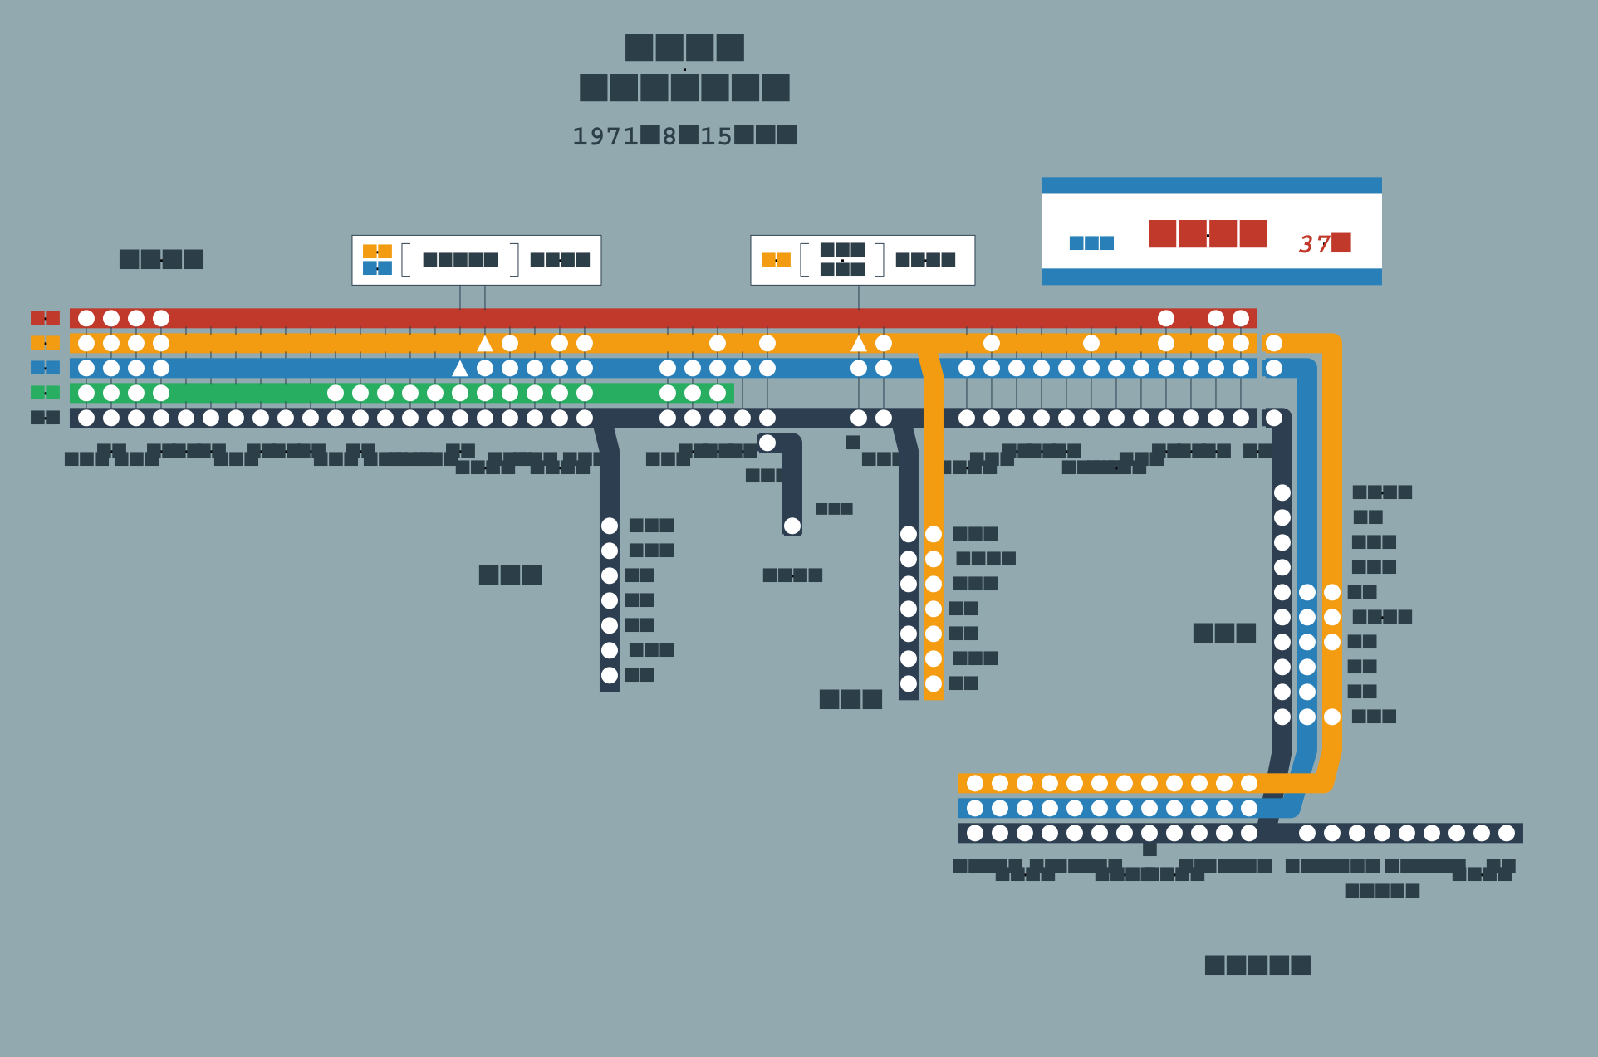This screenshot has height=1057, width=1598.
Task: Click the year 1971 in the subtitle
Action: coord(605,136)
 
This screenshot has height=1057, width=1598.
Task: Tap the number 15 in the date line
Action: coord(716,136)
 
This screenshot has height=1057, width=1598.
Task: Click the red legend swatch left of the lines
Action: coord(45,318)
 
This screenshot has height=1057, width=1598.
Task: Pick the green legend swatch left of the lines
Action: coord(45,393)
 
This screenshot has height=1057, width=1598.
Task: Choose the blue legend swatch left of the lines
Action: coord(45,368)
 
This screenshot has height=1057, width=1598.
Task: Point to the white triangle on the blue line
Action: coord(460,368)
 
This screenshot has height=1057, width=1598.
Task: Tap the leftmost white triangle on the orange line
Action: coord(485,343)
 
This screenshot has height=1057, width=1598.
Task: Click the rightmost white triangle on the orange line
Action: coord(859,343)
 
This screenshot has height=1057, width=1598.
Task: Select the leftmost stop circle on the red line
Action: coord(86,318)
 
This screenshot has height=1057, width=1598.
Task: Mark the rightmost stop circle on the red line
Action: coord(1241,318)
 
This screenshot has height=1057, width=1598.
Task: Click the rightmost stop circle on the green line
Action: coord(718,393)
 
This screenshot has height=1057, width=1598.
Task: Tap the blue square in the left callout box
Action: coord(377,268)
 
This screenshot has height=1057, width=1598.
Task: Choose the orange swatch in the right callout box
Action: coord(776,260)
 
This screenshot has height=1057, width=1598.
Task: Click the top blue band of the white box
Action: coord(1211,185)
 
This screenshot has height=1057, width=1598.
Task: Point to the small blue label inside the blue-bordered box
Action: coord(1091,243)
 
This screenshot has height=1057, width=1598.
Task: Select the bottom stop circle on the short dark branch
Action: coord(792,526)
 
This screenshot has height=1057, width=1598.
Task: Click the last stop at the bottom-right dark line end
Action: coord(1507,833)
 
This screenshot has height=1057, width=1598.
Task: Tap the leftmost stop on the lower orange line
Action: coord(975,783)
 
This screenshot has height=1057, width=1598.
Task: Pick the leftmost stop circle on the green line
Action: coord(86,393)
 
